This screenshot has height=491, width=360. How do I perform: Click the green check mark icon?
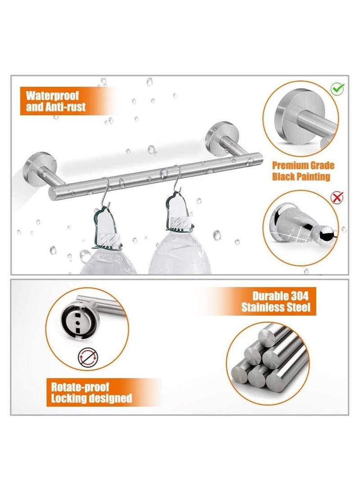tap(337, 88)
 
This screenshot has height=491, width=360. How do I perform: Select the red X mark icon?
tap(337, 196)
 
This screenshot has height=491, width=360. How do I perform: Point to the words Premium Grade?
tap(303, 166)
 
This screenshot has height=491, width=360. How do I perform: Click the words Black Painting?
tap(301, 176)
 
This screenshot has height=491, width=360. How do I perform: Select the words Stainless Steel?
tap(275, 308)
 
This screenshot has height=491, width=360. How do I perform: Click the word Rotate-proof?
tap(80, 387)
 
